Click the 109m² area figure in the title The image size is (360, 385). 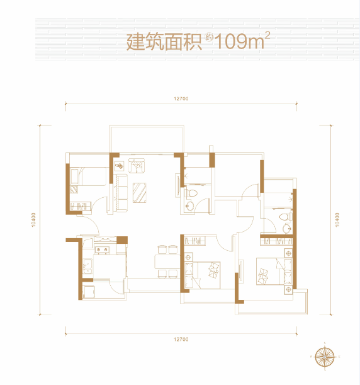242,41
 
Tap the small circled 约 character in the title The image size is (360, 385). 209,38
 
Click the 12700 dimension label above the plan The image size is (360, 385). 181,99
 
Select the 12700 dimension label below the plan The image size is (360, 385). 181,340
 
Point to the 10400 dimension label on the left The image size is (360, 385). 34,220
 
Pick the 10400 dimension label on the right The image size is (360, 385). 337,220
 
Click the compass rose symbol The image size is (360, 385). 325,357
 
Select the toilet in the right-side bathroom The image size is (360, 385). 285,217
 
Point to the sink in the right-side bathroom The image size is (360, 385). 286,229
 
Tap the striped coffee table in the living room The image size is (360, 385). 140,193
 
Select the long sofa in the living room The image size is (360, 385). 120,193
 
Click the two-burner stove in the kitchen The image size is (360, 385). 102,250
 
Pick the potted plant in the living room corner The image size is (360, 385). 119,166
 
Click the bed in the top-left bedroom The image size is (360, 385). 89,176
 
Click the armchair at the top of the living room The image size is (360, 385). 137,166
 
